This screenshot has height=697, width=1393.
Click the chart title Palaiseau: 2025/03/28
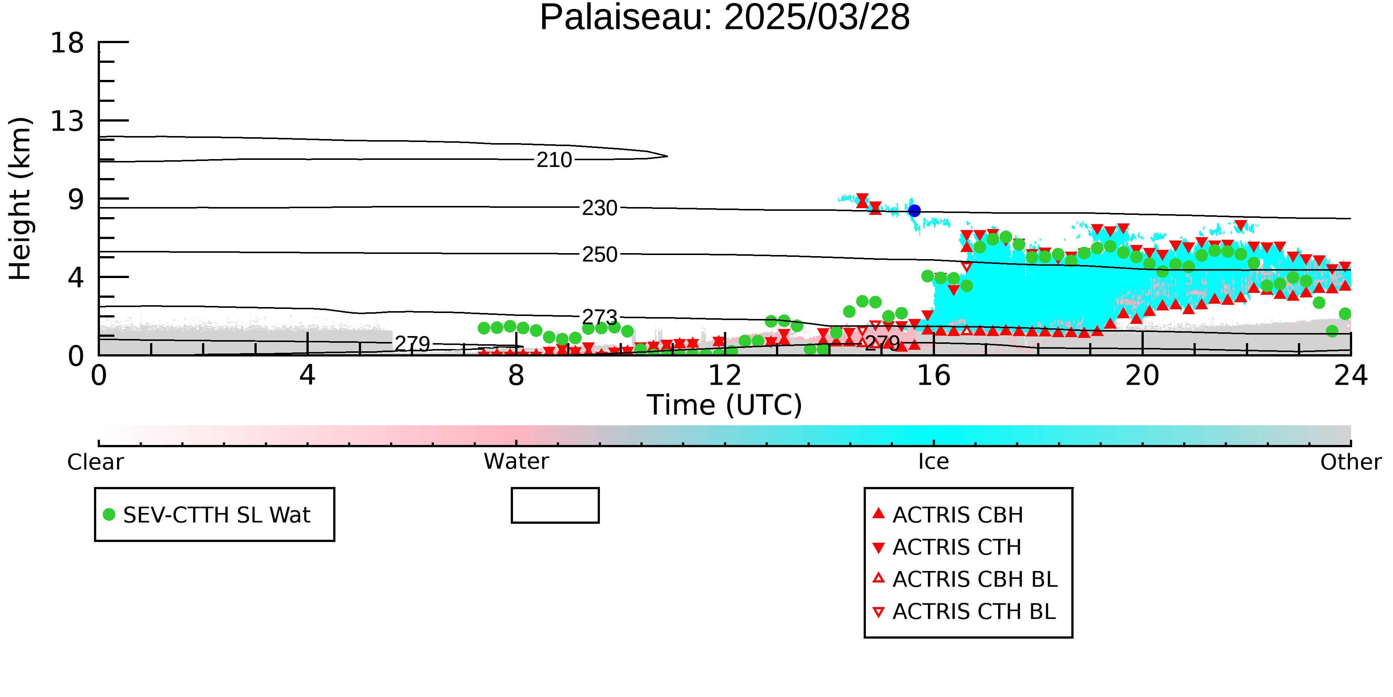click(725, 17)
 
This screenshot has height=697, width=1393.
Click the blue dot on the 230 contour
click(914, 210)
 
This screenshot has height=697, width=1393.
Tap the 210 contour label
click(554, 159)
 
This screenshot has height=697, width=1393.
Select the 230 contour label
click(600, 208)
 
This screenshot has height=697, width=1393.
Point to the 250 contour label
click(600, 254)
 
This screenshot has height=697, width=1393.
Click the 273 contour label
click(600, 317)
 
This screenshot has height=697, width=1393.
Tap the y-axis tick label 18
click(67, 43)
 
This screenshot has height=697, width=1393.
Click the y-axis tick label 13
click(67, 121)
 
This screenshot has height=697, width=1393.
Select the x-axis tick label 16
click(933, 375)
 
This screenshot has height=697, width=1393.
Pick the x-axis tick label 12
click(725, 375)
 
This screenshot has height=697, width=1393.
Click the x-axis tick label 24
click(1351, 375)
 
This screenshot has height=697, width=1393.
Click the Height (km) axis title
click(20, 199)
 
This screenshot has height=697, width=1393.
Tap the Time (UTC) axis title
click(725, 405)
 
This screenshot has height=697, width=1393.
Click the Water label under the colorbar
click(516, 462)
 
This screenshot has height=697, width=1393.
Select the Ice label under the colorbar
click(933, 462)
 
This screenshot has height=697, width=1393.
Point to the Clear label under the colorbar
click(96, 462)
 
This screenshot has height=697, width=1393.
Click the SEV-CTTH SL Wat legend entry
click(207, 514)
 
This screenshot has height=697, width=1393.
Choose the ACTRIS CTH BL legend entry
click(965, 612)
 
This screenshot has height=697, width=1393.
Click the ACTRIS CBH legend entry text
click(958, 514)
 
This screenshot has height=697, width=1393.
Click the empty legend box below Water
click(555, 506)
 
